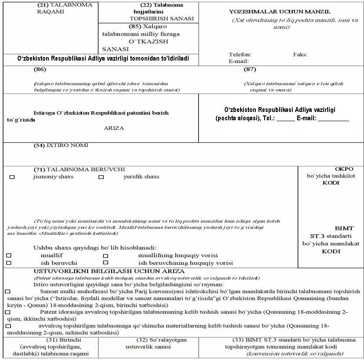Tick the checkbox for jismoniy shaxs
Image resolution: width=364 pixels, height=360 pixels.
12,177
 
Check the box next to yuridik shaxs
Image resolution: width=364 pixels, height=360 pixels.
101,177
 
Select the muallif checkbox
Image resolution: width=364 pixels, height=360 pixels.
8,256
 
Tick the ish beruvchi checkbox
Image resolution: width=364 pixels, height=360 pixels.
8,263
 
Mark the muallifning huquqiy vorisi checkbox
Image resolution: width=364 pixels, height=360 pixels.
106,256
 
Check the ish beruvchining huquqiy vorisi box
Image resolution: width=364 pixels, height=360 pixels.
106,263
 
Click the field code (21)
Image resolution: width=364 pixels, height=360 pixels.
43,5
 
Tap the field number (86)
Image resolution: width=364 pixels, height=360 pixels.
40,69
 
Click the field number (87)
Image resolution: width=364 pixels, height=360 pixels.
250,69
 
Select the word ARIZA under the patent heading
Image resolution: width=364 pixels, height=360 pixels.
114,128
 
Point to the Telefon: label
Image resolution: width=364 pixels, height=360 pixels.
240,54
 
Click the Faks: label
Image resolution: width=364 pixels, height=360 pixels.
300,54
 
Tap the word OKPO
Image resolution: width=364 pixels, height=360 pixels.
331,169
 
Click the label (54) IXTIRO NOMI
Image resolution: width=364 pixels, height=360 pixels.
61,145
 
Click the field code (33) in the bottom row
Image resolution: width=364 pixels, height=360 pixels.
239,340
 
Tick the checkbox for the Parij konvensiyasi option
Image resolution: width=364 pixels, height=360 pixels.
7,292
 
